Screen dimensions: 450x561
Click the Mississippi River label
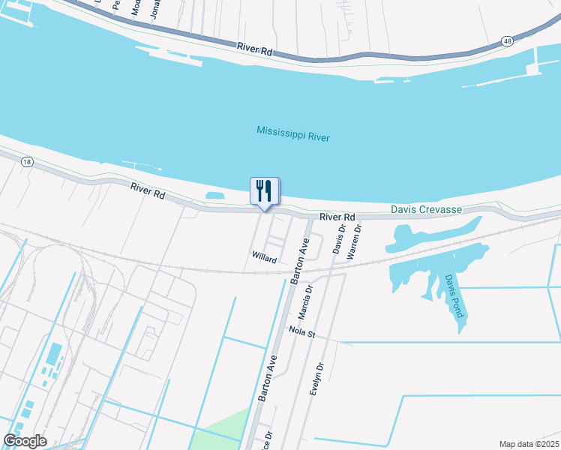(x=292, y=133)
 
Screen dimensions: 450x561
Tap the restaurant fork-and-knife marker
(x=264, y=190)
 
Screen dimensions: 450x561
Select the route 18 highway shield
(x=28, y=162)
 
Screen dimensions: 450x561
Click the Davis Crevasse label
(x=425, y=211)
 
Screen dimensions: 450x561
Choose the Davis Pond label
(x=454, y=295)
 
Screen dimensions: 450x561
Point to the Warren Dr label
(x=358, y=238)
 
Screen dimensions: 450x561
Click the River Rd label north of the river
(x=254, y=48)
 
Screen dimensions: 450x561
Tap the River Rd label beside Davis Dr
(x=337, y=217)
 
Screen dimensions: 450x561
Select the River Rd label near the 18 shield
(x=147, y=192)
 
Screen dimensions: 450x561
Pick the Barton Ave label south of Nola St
(x=268, y=378)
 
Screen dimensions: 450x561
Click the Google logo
(x=25, y=441)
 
